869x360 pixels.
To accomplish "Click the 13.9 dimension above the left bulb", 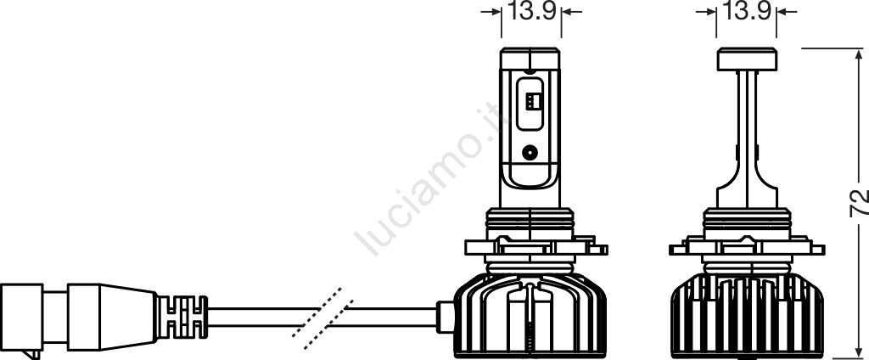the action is [531, 11].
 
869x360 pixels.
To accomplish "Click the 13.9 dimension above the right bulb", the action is [746, 11].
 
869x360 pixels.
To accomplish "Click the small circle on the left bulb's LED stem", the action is [530, 152].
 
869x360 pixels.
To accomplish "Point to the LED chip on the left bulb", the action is [530, 101].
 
